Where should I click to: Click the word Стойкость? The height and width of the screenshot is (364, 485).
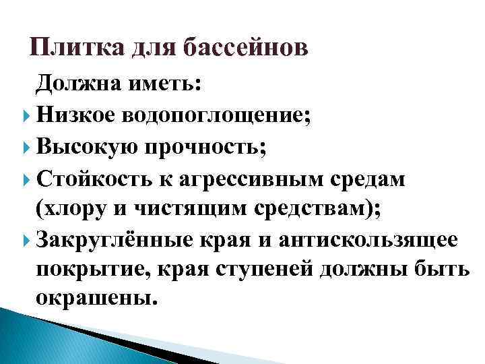[x=96, y=180]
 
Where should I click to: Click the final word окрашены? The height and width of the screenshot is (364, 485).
[x=94, y=297]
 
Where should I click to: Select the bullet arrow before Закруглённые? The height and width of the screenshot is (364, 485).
[x=27, y=239]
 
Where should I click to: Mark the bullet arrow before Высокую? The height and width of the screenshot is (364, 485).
[x=27, y=146]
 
